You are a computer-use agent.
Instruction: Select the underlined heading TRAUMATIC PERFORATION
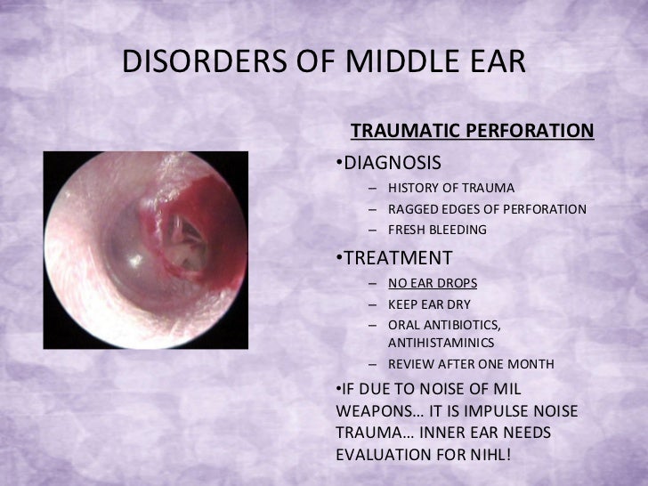point(472,132)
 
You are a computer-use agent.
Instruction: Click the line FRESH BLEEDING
point(437,230)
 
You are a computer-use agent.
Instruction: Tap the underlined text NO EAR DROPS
point(433,283)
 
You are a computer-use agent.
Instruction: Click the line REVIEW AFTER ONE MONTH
point(471,364)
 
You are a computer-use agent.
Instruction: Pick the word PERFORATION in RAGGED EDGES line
point(542,209)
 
